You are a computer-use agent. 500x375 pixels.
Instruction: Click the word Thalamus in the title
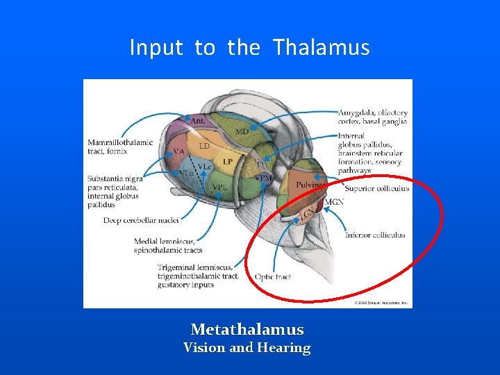tap(321, 48)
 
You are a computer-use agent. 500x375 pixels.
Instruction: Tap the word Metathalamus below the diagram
tap(247, 329)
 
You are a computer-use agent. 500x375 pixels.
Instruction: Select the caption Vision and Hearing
tap(247, 348)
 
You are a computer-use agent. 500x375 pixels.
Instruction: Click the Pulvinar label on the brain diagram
tap(309, 185)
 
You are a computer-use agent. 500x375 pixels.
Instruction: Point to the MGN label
tap(334, 202)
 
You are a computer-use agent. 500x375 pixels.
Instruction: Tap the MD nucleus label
tap(242, 131)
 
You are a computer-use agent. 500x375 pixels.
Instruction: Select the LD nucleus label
tap(204, 147)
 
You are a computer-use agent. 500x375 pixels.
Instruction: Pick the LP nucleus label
tap(227, 162)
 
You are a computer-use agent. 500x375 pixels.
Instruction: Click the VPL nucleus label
tap(219, 187)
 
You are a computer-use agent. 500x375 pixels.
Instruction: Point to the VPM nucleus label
tap(263, 178)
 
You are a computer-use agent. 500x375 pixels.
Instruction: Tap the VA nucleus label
tap(178, 151)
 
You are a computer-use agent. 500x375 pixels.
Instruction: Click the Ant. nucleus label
tap(198, 121)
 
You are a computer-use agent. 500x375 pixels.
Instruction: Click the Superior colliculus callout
tap(376, 188)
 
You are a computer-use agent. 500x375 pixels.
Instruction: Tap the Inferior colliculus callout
tap(374, 235)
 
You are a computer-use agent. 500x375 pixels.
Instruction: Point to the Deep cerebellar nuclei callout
tap(141, 220)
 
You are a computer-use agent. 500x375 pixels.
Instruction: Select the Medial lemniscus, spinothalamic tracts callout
tap(167, 246)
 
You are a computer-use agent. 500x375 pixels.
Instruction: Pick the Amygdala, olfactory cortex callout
tap(372, 117)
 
